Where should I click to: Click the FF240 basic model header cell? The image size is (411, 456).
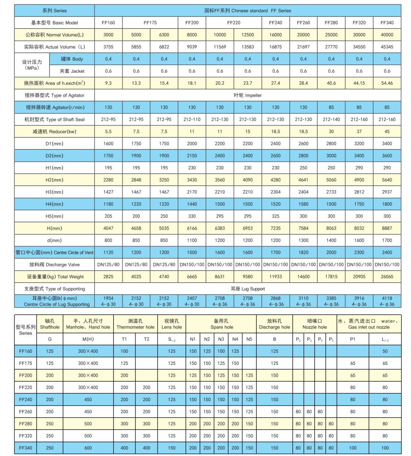point(275,23)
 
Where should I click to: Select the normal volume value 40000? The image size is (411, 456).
point(387,35)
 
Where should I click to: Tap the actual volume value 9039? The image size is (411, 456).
point(192,47)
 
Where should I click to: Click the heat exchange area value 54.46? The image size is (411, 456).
point(387,83)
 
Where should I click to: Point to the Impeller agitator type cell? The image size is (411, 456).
point(248,95)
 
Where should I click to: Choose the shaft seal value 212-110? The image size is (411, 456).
point(192,119)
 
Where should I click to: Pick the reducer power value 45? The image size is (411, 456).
point(387,131)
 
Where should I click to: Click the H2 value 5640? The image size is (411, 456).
point(387,180)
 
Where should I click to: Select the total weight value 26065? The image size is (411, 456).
point(387,277)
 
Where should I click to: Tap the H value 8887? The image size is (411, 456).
point(387,228)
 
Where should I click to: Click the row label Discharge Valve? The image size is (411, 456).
point(54,264)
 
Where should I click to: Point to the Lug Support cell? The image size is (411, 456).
point(248,289)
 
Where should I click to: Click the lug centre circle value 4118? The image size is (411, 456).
point(387,298)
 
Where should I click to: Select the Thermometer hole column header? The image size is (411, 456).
point(136,324)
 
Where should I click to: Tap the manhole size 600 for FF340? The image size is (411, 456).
point(88,448)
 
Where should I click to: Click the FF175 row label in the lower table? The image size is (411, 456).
point(26,363)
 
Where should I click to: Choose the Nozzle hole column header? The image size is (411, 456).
point(315,324)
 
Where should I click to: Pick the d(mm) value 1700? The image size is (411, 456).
point(387,240)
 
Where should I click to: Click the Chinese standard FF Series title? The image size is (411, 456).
point(248,11)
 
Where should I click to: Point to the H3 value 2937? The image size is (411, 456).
point(387,192)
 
